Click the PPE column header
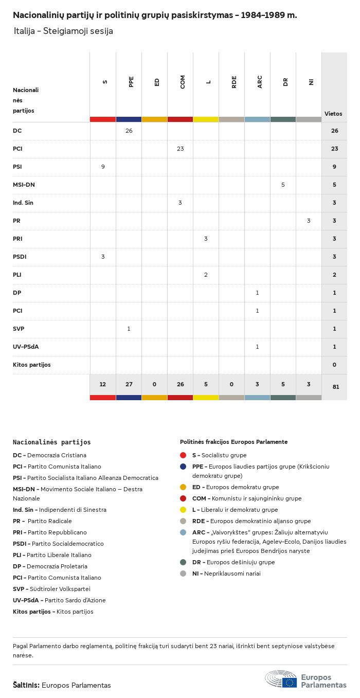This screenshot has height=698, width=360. pyautogui.click(x=131, y=82)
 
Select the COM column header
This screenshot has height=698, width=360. pyautogui.click(x=183, y=82)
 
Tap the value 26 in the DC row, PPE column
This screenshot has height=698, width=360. pyautogui.click(x=129, y=131)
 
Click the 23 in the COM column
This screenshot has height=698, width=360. pyautogui.click(x=180, y=149)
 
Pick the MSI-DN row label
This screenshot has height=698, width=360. pyautogui.click(x=24, y=185)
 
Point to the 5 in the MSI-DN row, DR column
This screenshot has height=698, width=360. pyautogui.click(x=283, y=185)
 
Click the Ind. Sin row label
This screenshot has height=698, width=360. pyautogui.click(x=23, y=203)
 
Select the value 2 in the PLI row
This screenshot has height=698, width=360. pyautogui.click(x=206, y=275)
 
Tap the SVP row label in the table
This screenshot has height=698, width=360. pyautogui.click(x=19, y=329)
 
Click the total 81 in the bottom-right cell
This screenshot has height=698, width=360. pyautogui.click(x=335, y=387)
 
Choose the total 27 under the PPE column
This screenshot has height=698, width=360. pyautogui.click(x=129, y=384)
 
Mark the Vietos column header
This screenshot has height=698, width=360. pyautogui.click(x=333, y=114)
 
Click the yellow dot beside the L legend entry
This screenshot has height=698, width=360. pyautogui.click(x=183, y=510)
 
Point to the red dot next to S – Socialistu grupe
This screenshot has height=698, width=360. pyautogui.click(x=183, y=455)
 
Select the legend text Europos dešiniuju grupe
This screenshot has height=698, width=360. pyautogui.click(x=240, y=562)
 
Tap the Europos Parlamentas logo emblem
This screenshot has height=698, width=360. pyautogui.click(x=281, y=679)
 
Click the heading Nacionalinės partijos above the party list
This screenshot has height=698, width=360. pyautogui.click(x=52, y=442)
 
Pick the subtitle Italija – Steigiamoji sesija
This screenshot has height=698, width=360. pyautogui.click(x=63, y=31)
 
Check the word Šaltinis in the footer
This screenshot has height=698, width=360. pyautogui.click(x=26, y=685)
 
